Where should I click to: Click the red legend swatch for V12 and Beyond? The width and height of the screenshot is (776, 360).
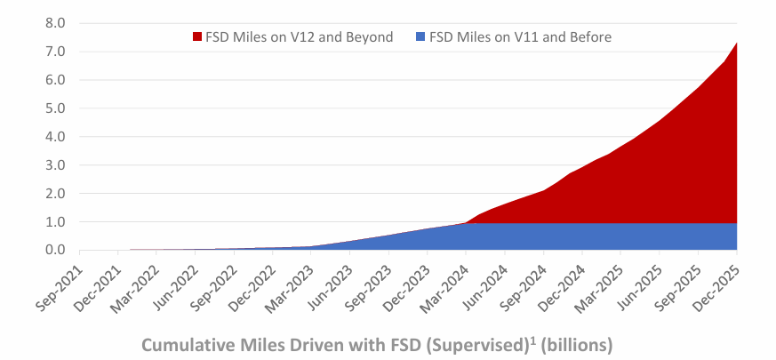click(x=197, y=37)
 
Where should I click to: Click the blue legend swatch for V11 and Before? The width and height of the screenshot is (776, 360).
click(x=420, y=37)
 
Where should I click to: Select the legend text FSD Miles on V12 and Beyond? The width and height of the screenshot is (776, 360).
click(x=300, y=37)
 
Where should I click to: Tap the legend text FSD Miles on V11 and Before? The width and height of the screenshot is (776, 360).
click(x=521, y=37)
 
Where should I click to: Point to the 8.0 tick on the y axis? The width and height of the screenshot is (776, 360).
click(x=55, y=23)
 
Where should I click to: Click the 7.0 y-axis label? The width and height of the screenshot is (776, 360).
click(x=55, y=52)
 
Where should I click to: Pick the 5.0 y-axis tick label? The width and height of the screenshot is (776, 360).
click(x=55, y=108)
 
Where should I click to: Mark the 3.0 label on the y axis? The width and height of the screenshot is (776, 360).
click(x=55, y=165)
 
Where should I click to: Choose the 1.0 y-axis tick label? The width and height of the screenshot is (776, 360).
click(x=55, y=222)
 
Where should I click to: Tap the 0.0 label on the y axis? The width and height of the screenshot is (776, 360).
click(x=55, y=250)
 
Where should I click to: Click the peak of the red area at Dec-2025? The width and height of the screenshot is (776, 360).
click(x=737, y=43)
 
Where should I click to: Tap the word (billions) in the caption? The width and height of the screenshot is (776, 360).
click(x=576, y=345)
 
